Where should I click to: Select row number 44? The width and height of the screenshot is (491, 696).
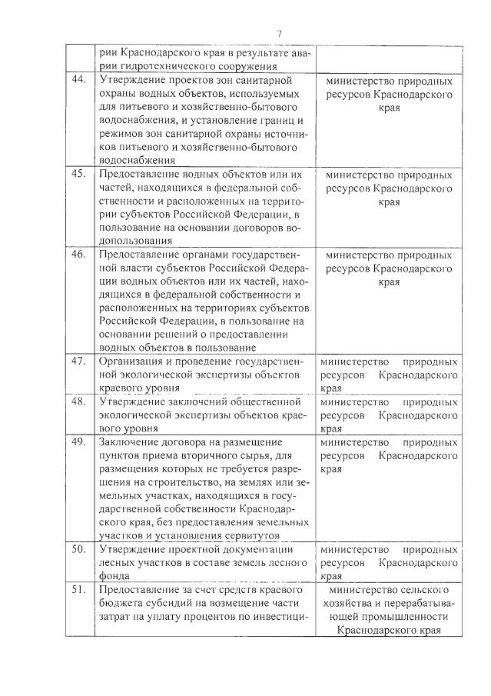pos(78,80)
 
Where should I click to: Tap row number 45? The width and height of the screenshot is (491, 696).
pos(78,174)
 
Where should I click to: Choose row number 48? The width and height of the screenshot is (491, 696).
pos(78,401)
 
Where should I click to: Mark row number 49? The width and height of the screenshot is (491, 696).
pos(78,442)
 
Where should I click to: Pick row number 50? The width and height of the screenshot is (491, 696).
pos(78,550)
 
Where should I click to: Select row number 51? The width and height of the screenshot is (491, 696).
pos(78,590)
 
